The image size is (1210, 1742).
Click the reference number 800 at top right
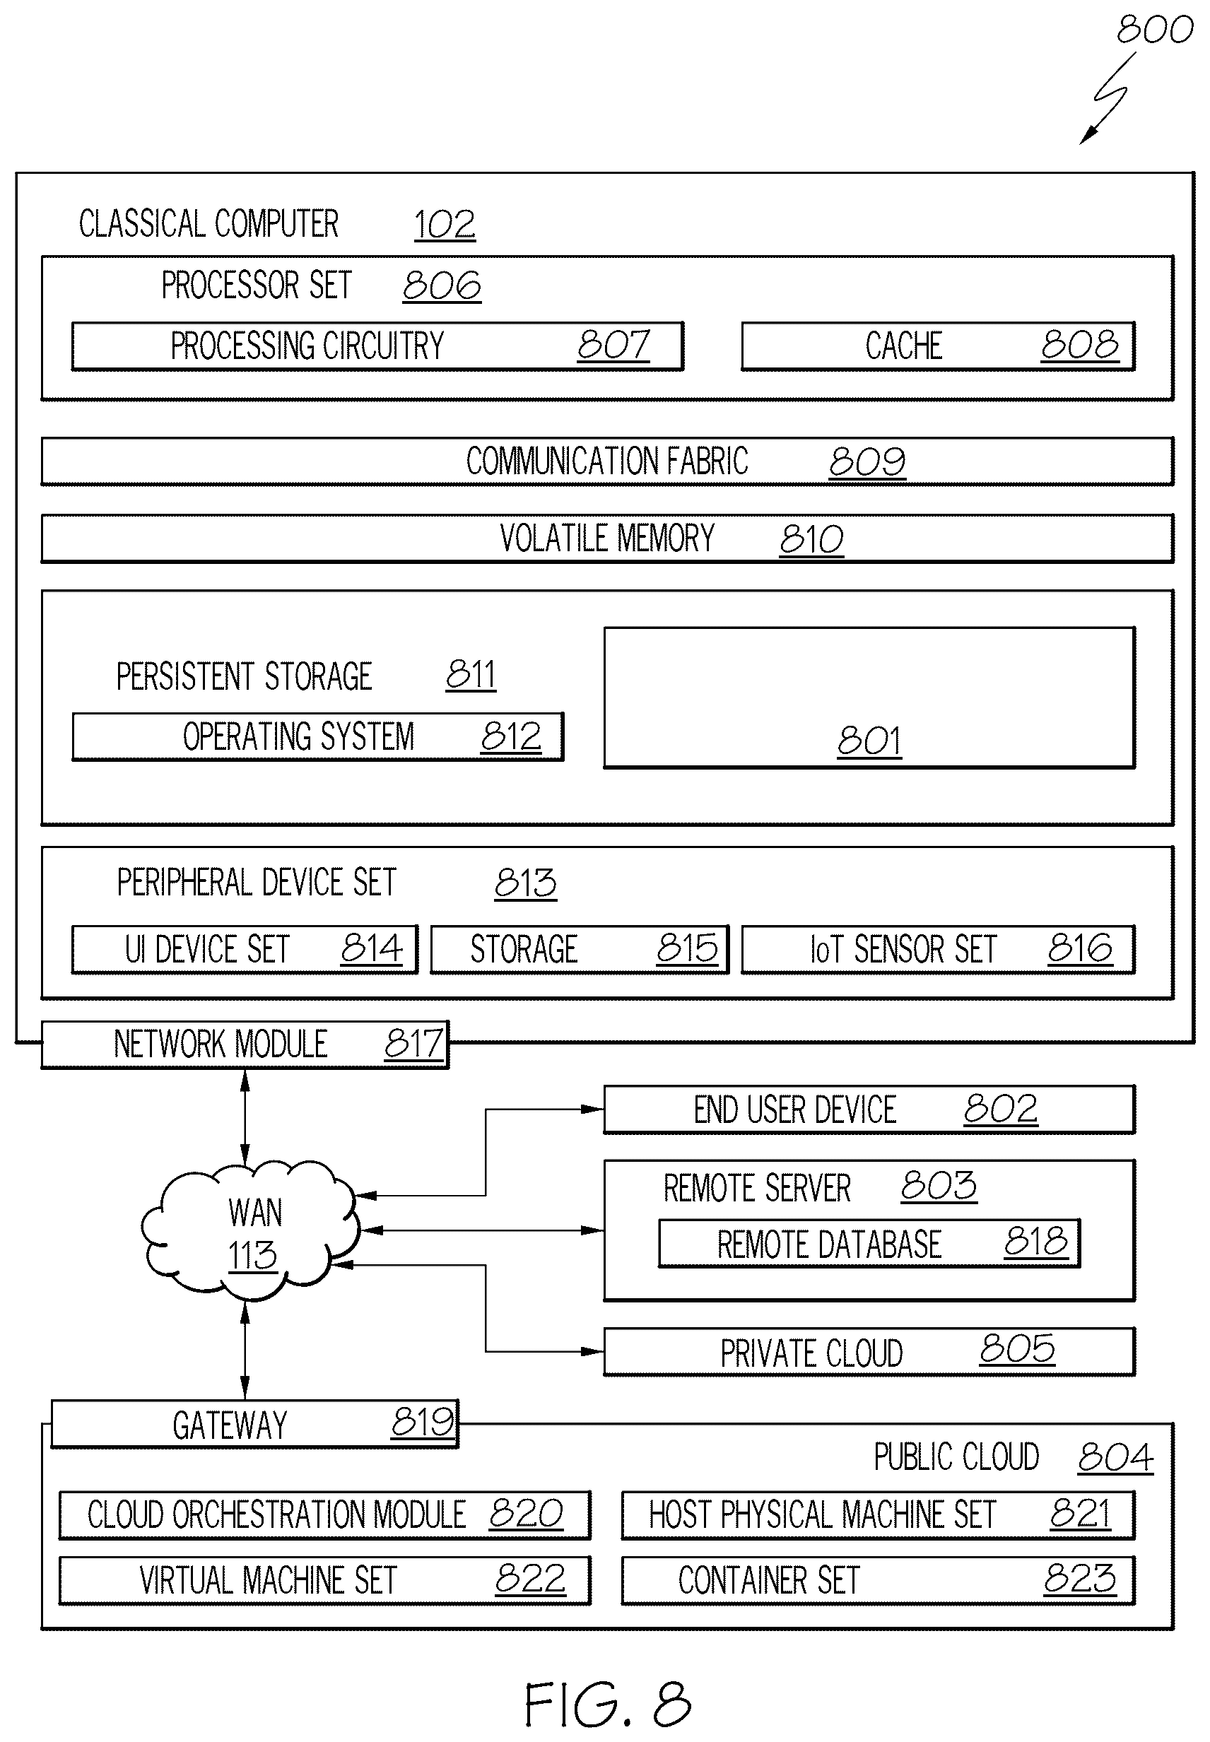click(x=1154, y=30)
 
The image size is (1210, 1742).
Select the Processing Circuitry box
click(x=377, y=346)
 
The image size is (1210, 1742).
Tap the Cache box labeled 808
click(x=938, y=346)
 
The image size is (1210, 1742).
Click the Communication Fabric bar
click(x=607, y=461)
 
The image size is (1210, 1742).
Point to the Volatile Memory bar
click(x=607, y=539)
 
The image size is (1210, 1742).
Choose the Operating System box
click(x=317, y=737)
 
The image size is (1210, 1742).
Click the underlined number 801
click(x=869, y=741)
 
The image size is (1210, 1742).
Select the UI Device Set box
click(x=244, y=949)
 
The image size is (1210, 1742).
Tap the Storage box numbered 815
click(x=580, y=949)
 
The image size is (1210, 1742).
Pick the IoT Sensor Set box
click(x=938, y=949)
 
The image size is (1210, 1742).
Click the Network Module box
click(x=245, y=1044)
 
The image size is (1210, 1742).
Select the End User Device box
click(x=869, y=1110)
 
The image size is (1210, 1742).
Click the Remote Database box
click(x=869, y=1244)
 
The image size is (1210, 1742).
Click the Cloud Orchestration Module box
click(x=324, y=1515)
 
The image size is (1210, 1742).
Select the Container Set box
click(x=878, y=1581)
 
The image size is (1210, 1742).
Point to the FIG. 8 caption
click(x=608, y=1705)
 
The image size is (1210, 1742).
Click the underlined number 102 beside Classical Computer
click(x=445, y=225)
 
